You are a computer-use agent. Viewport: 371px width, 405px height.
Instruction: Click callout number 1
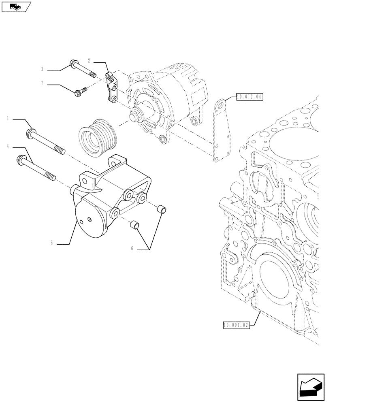(x=8, y=119)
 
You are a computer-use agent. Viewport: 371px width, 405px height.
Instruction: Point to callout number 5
(x=51, y=243)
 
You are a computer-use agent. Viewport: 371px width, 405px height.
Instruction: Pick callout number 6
(x=132, y=249)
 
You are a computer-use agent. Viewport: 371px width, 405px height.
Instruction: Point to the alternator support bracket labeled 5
(x=105, y=198)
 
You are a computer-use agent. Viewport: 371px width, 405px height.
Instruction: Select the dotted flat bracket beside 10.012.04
(x=222, y=130)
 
